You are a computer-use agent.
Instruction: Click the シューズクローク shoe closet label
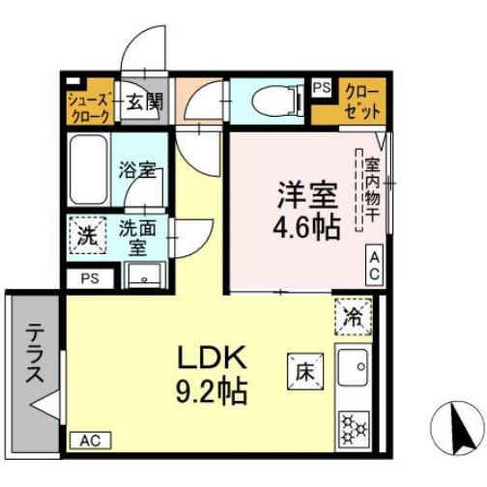pyautogui.click(x=91, y=106)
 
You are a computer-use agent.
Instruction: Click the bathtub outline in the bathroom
pyautogui.click(x=89, y=171)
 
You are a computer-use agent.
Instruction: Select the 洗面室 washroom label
pyautogui.click(x=138, y=236)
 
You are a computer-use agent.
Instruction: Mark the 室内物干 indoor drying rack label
pyautogui.click(x=370, y=189)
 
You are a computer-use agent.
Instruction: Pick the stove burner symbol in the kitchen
pyautogui.click(x=353, y=425)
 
